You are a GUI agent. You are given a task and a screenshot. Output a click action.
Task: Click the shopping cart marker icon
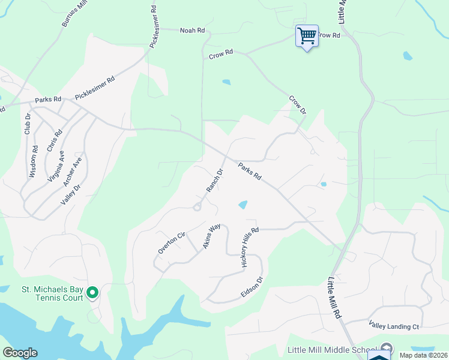click(x=307, y=36)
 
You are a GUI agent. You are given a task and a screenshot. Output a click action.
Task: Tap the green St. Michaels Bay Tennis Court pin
click(x=92, y=293)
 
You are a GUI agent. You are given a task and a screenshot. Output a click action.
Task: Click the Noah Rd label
click(x=193, y=29)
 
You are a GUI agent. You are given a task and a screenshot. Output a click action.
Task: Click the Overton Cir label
click(x=171, y=242)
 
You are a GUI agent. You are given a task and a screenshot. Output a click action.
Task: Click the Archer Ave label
click(x=73, y=172)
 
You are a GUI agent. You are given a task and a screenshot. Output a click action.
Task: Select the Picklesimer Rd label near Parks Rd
click(x=94, y=88)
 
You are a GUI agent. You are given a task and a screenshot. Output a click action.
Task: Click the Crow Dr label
click(x=298, y=105)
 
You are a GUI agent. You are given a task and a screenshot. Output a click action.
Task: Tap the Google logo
click(x=20, y=353)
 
